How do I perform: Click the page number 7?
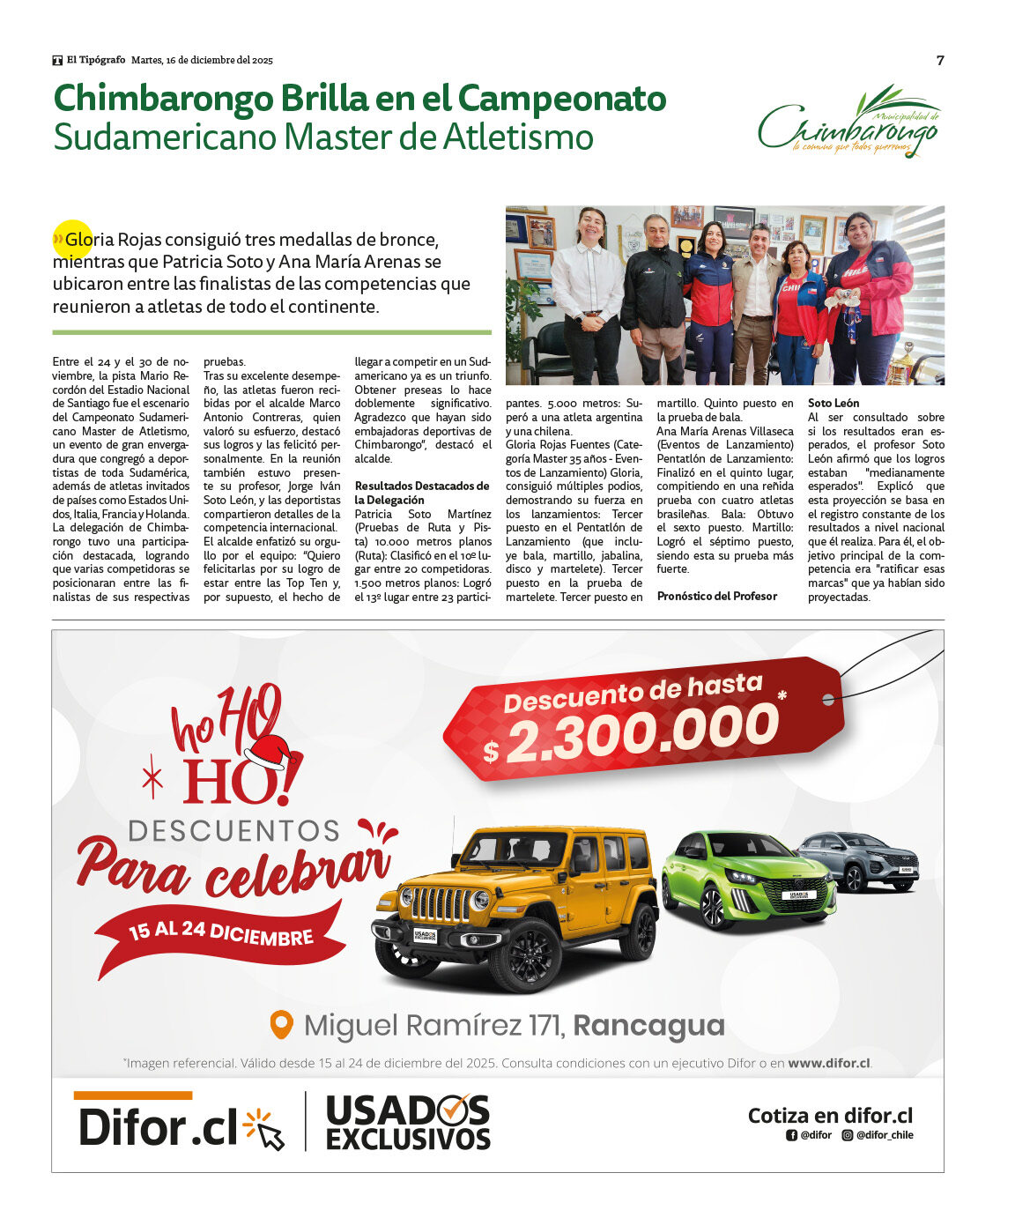tap(940, 60)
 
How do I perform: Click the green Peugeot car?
tap(746, 879)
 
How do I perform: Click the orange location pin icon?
tap(281, 1025)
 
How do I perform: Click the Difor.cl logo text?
tap(159, 1127)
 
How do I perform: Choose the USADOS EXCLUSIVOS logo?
tap(407, 1123)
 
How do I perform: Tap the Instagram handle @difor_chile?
tap(884, 1135)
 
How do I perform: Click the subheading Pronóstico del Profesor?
tap(717, 597)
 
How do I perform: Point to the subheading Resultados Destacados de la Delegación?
tap(421, 493)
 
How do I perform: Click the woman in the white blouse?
tap(588, 291)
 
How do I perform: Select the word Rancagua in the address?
tap(648, 1026)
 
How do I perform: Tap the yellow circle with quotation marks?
tap(73, 239)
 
